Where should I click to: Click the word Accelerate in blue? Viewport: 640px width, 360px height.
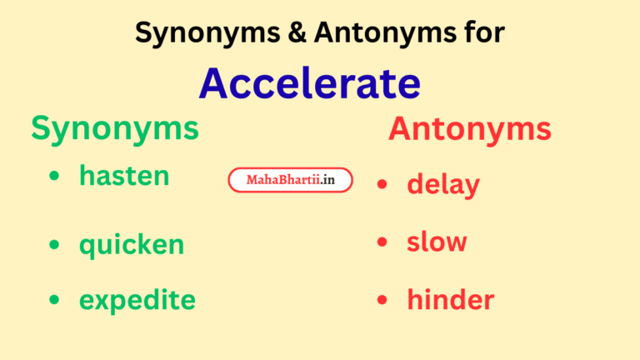tap(309, 83)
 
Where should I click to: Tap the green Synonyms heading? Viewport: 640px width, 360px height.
tap(115, 129)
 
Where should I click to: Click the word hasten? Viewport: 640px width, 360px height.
tap(124, 175)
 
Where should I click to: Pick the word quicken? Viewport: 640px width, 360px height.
tap(132, 245)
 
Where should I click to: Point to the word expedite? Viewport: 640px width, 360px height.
tap(137, 299)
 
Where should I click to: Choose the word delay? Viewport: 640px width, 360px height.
tap(442, 184)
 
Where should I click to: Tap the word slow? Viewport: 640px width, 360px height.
tap(437, 242)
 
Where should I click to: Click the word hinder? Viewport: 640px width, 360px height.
tap(450, 300)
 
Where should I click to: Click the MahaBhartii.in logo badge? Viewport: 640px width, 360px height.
tap(290, 180)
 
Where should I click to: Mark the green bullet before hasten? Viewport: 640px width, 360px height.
tap(55, 177)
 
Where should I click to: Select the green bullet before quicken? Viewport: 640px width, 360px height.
tap(55, 245)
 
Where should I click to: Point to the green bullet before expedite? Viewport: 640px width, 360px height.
tap(55, 300)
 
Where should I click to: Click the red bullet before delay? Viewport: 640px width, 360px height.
tap(382, 184)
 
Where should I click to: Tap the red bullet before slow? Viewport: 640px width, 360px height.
tap(382, 242)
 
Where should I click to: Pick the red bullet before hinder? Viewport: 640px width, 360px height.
tap(382, 300)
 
